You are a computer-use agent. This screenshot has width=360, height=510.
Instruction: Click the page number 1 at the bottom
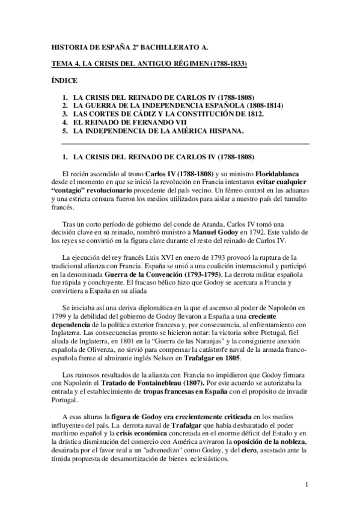(307, 484)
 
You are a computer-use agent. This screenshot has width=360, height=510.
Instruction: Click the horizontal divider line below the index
(186, 144)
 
